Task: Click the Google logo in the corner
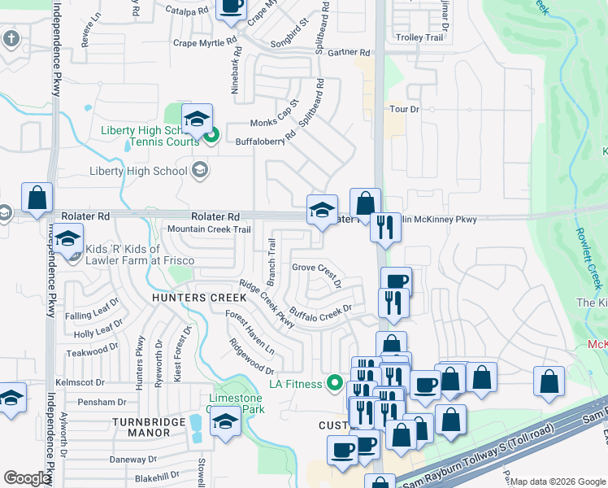tap(26, 479)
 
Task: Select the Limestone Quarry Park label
tap(236, 403)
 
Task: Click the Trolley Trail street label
tap(419, 37)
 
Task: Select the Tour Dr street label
tap(403, 109)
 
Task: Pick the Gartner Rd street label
tap(349, 52)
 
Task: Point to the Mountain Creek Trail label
tap(209, 230)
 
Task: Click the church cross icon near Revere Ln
tap(10, 38)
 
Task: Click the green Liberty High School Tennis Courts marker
tap(211, 136)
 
